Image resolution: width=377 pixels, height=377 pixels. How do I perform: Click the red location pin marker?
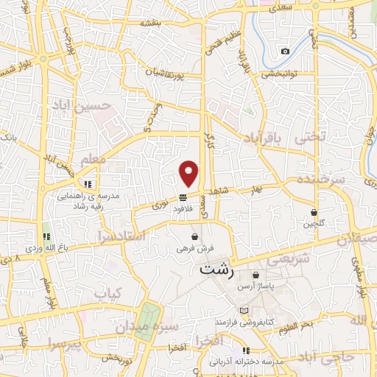click(x=189, y=173)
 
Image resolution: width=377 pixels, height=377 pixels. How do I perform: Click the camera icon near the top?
click(x=285, y=51)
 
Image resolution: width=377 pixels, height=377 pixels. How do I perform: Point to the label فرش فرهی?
click(x=194, y=249)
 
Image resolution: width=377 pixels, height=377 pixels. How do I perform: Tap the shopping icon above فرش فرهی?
click(x=194, y=237)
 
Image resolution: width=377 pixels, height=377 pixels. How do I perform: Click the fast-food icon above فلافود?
click(x=183, y=197)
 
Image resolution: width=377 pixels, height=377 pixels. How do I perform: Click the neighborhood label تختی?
click(x=309, y=138)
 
